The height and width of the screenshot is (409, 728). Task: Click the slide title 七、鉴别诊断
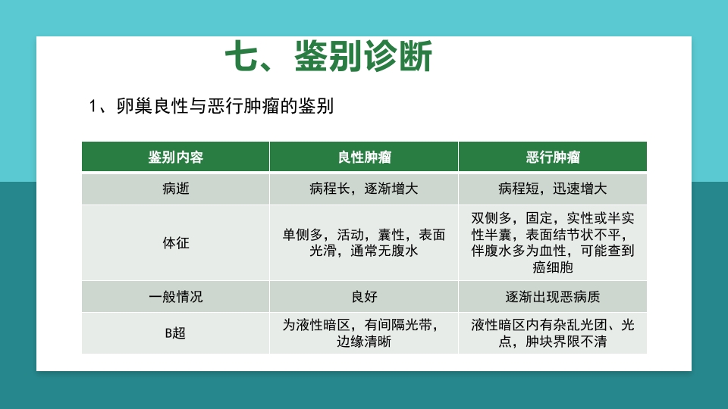click(x=328, y=58)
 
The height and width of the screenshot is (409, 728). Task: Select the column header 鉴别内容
click(x=175, y=157)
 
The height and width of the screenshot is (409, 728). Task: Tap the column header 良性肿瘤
click(x=364, y=157)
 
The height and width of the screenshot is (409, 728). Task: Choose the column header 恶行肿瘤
click(x=553, y=157)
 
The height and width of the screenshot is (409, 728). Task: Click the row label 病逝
click(x=175, y=189)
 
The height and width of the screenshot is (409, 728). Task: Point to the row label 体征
click(x=175, y=243)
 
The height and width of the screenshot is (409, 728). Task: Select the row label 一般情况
click(x=175, y=296)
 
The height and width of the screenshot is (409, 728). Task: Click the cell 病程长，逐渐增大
click(x=364, y=189)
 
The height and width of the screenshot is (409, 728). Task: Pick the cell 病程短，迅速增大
click(x=553, y=189)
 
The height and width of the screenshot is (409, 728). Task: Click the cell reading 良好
click(x=364, y=296)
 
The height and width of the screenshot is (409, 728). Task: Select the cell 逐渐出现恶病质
click(x=553, y=296)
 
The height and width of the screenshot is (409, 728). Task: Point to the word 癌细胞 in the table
click(x=553, y=267)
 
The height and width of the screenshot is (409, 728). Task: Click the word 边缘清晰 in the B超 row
click(x=364, y=342)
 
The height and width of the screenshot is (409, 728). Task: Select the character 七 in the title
click(x=242, y=58)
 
